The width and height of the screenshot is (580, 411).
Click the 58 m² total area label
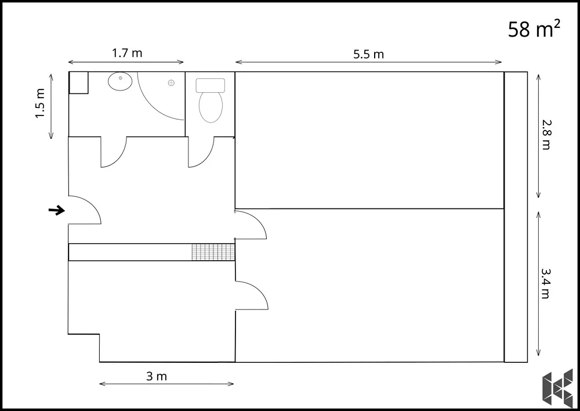(x=534, y=29)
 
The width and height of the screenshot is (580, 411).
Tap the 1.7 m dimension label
(x=127, y=53)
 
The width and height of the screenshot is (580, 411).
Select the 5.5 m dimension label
(x=368, y=55)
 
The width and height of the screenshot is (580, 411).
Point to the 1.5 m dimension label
(x=40, y=103)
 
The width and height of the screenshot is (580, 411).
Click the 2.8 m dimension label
(x=546, y=135)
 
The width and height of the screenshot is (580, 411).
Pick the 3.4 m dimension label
(x=546, y=283)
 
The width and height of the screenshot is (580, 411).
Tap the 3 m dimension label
(x=157, y=376)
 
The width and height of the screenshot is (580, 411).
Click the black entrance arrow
(x=57, y=211)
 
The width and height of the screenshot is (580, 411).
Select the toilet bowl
(x=211, y=106)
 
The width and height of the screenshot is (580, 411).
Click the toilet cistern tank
(x=211, y=85)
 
